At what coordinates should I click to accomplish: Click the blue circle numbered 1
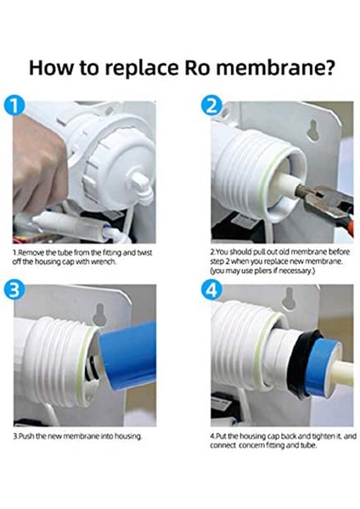pyautogui.click(x=14, y=105)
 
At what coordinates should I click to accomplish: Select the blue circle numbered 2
pyautogui.click(x=211, y=105)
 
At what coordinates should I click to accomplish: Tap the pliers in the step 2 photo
pyautogui.click(x=327, y=204)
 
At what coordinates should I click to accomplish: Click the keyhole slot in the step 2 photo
pyautogui.click(x=313, y=131)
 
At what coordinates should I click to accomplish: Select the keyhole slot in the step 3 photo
pyautogui.click(x=99, y=315)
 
